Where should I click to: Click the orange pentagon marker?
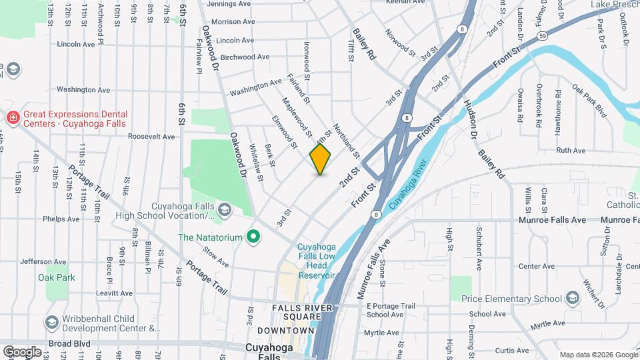320,159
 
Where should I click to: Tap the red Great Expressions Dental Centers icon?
12,117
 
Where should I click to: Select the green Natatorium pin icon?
253,237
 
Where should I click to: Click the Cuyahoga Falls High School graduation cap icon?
225,210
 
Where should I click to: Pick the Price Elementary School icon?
572,298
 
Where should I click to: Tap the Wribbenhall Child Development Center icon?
51,323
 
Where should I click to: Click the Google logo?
22,351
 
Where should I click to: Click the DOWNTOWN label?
285,331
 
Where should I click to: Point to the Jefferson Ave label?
42,261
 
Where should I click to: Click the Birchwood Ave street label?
244,57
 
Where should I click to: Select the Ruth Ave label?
571,151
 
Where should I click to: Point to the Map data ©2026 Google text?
599,355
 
